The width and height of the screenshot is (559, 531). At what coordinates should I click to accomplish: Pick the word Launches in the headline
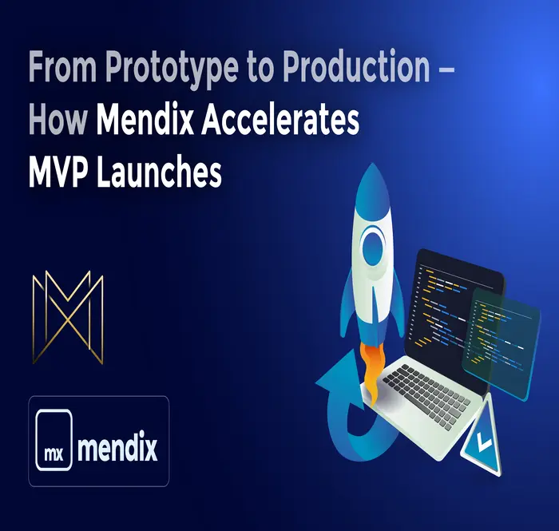[159, 172]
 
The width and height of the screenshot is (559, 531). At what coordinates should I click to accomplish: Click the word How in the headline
[57, 121]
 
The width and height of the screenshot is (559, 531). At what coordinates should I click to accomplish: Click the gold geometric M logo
[67, 317]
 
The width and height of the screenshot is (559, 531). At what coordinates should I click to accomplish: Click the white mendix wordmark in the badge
[118, 444]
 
